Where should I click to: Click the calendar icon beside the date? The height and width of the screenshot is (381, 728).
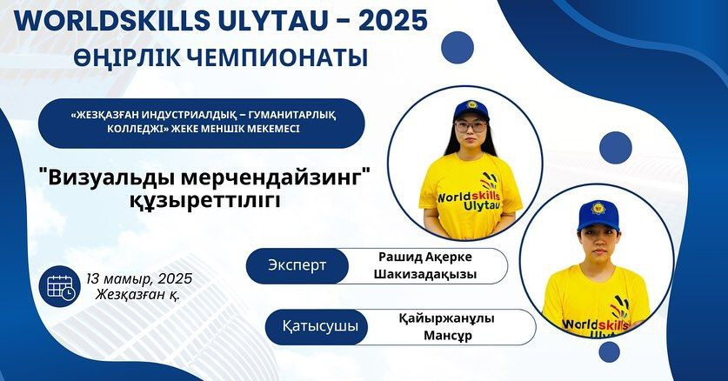click(60, 286)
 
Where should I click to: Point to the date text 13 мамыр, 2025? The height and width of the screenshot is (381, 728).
click(139, 278)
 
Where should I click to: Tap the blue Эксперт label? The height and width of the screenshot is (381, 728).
click(297, 266)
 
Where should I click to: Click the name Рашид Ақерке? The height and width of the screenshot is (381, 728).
click(424, 257)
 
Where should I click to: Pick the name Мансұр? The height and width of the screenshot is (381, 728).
click(448, 336)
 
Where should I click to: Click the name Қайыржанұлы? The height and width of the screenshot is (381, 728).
click(447, 318)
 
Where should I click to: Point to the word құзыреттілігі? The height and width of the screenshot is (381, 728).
click(204, 201)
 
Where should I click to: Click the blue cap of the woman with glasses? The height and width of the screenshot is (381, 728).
click(471, 110)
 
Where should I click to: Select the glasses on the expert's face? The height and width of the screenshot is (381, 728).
click(471, 127)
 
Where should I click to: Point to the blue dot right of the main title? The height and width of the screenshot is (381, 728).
click(458, 47)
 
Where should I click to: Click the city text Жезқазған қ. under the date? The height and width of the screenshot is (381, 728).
click(137, 295)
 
